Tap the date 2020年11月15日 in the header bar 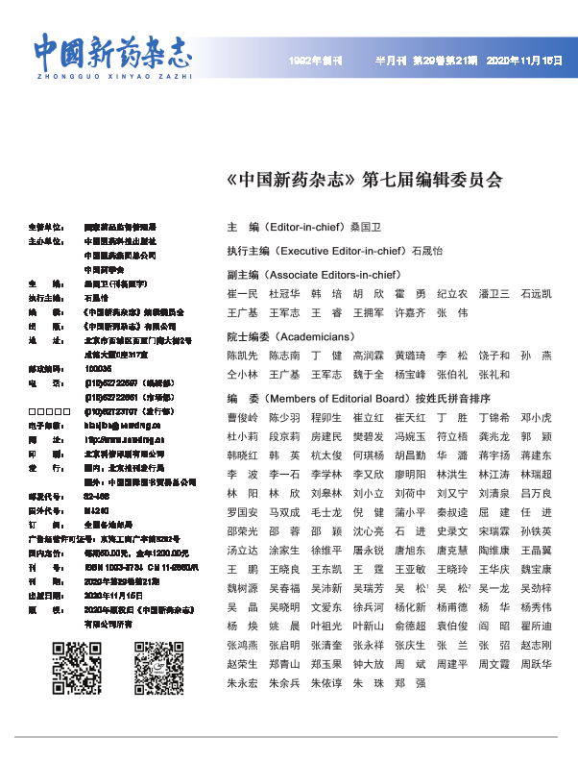[525, 60]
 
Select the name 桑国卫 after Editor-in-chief [366, 228]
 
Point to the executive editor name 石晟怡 [427, 251]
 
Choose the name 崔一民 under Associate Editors [242, 294]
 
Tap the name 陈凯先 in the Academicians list [242, 356]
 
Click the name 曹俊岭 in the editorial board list [242, 418]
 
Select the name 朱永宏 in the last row [242, 682]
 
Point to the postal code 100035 [98, 368]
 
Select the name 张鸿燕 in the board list [242, 645]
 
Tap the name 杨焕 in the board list [242, 626]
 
